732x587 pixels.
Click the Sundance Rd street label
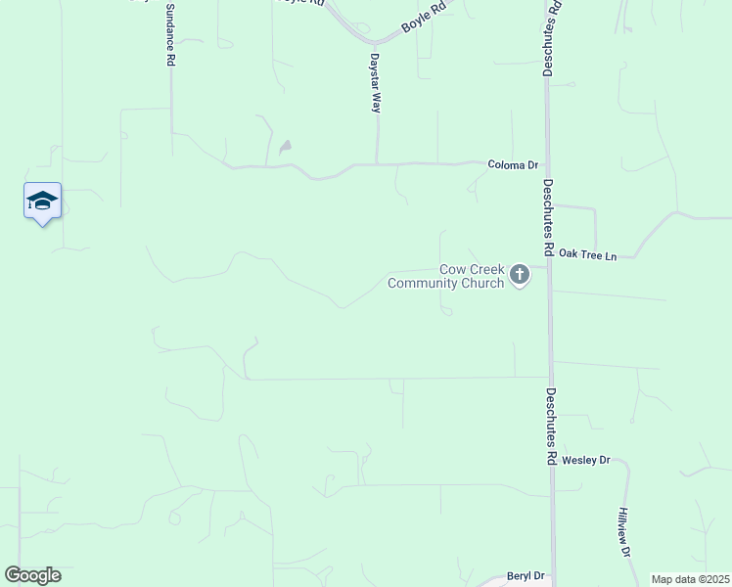point(170,34)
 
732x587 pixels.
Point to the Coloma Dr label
point(514,165)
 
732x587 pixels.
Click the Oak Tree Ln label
point(587,256)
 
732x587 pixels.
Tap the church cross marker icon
point(520,275)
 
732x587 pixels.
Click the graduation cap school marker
point(42,201)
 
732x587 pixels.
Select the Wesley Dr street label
point(586,459)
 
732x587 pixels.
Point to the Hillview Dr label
point(623,532)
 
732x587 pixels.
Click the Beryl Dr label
point(525,577)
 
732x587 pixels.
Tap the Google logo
point(32,575)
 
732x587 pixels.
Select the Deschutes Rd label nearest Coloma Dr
point(549,217)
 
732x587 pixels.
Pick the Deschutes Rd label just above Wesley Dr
point(550,426)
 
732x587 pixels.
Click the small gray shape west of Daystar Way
point(285,148)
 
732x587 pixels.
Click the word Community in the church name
point(431,284)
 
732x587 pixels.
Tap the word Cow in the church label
point(452,269)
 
